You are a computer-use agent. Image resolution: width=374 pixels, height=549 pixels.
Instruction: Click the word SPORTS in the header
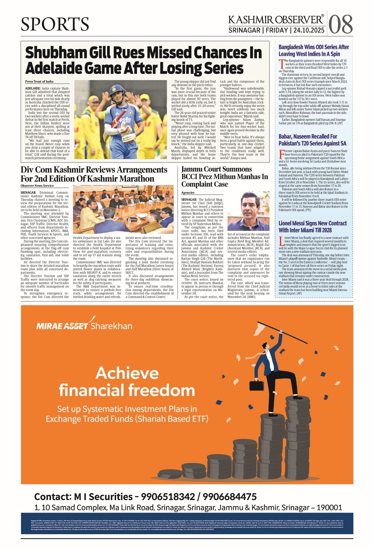coord(55,24)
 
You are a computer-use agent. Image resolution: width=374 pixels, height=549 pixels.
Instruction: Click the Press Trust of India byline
coord(39,82)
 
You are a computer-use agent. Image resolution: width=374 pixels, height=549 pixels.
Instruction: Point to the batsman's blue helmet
coord(117,92)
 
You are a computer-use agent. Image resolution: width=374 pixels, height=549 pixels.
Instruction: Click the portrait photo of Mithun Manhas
coord(248,211)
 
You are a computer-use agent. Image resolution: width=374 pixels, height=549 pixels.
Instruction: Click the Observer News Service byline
coord(37,186)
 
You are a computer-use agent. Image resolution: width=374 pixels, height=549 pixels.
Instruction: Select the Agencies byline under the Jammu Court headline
coord(188,193)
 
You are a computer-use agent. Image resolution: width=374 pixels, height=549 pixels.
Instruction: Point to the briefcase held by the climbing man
coord(257,385)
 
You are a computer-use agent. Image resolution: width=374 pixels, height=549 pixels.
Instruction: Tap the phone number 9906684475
coord(230,497)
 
